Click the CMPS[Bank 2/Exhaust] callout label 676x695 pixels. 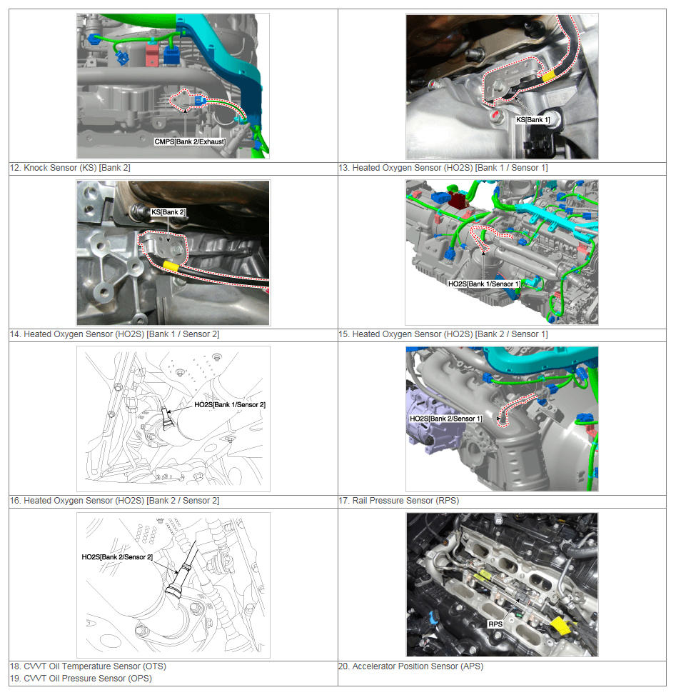tap(190, 142)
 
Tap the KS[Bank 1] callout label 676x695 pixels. tap(533, 120)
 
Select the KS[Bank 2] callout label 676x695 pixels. tap(168, 212)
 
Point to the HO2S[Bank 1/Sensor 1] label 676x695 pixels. tap(484, 284)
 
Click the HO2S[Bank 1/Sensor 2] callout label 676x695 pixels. tap(230, 405)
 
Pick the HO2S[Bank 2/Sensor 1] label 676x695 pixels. tap(445, 419)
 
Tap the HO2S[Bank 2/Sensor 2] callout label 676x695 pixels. tap(117, 556)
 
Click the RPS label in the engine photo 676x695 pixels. tap(495, 624)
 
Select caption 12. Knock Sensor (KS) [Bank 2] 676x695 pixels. tap(70, 168)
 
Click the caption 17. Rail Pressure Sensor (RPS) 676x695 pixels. tap(399, 501)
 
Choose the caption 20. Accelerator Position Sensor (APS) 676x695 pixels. tap(410, 666)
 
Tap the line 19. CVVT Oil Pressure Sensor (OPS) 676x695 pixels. tap(81, 678)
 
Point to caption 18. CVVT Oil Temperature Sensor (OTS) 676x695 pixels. tap(88, 666)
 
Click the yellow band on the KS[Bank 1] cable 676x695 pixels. tap(549, 75)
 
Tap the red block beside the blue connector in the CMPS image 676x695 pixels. tap(151, 54)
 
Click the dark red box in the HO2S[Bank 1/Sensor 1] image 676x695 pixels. tap(458, 199)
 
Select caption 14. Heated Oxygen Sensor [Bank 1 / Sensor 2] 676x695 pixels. tap(115, 334)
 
